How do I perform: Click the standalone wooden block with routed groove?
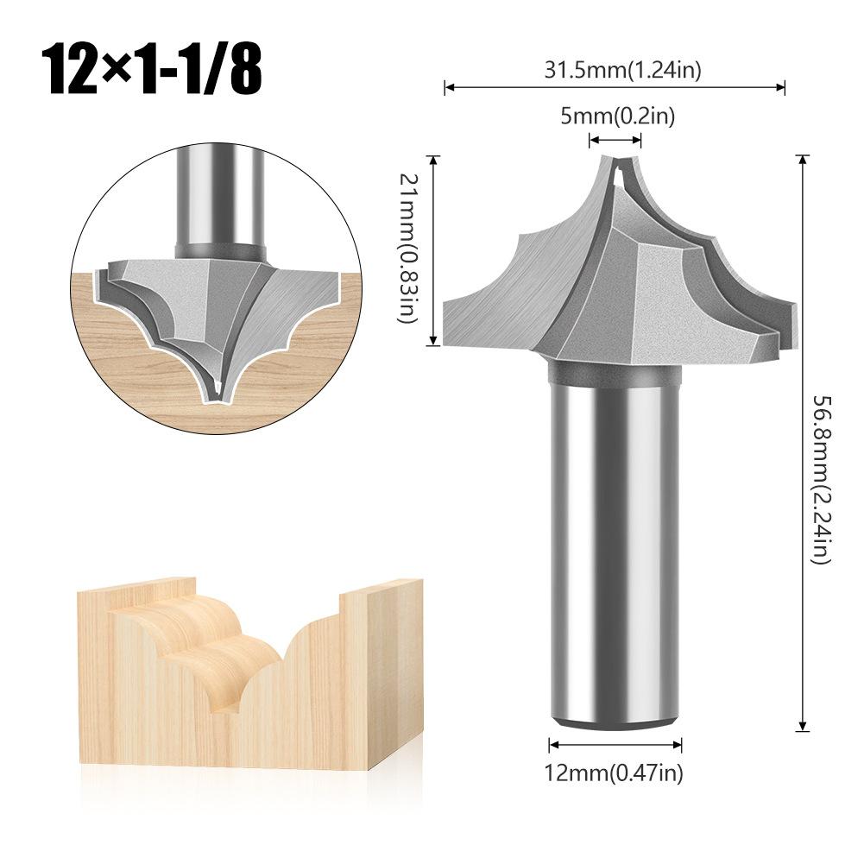250,673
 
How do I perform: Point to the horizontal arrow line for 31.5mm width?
615,86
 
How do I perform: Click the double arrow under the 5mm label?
615,140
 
